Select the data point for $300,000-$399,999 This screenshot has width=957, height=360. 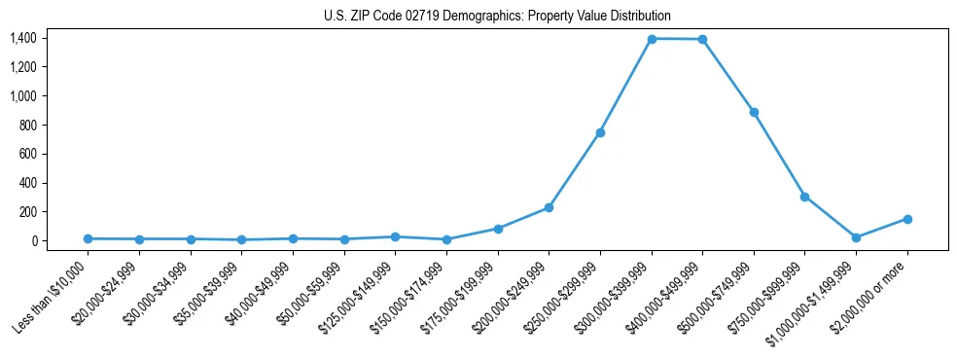[651, 39]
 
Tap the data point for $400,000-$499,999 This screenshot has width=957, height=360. [702, 39]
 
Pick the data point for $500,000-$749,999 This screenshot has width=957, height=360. [754, 112]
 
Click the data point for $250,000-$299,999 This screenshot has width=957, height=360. [600, 132]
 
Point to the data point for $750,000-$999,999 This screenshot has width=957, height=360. [804, 197]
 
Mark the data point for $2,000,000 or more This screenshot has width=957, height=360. [907, 219]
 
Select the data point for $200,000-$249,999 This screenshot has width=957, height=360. [549, 207]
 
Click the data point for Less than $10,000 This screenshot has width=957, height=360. [88, 238]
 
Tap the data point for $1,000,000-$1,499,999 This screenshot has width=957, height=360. [856, 237]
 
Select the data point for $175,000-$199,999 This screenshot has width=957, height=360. [498, 229]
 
